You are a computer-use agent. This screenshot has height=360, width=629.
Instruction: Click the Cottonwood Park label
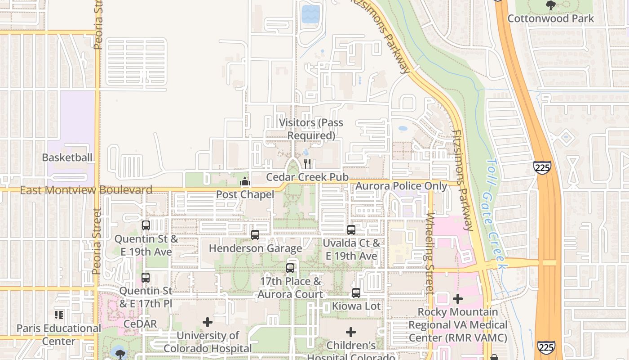(x=550, y=18)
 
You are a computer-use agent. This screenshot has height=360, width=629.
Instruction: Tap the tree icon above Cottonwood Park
(x=550, y=5)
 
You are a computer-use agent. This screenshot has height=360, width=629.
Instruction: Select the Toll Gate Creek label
(x=497, y=213)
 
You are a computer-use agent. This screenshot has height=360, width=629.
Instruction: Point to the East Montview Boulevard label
(x=86, y=190)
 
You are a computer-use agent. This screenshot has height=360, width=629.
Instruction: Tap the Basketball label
(x=67, y=157)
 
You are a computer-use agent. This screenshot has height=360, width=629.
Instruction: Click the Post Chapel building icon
(x=245, y=181)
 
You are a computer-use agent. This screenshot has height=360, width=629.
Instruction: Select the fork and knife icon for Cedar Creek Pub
(x=307, y=163)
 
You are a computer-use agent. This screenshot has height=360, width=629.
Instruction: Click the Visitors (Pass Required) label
(x=311, y=129)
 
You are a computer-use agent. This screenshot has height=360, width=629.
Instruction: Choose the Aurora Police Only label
(x=401, y=186)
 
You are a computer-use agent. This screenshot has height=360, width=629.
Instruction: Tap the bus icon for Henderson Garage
(x=255, y=235)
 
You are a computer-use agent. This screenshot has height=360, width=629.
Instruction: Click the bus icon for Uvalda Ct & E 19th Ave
(x=351, y=230)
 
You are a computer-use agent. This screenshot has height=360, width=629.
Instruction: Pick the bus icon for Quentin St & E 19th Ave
(x=146, y=225)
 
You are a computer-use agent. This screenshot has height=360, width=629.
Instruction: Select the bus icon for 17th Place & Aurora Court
(x=290, y=268)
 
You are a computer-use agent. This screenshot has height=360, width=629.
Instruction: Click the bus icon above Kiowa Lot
(x=356, y=293)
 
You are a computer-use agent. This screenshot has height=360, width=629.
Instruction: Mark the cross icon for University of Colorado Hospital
(x=208, y=322)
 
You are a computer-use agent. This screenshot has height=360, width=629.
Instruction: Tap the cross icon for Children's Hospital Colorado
(x=351, y=332)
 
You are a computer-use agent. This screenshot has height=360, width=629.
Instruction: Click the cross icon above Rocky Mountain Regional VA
(x=458, y=298)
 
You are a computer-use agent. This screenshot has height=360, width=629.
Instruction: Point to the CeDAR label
(x=140, y=324)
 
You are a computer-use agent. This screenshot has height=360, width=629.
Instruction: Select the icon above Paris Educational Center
(x=59, y=315)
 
